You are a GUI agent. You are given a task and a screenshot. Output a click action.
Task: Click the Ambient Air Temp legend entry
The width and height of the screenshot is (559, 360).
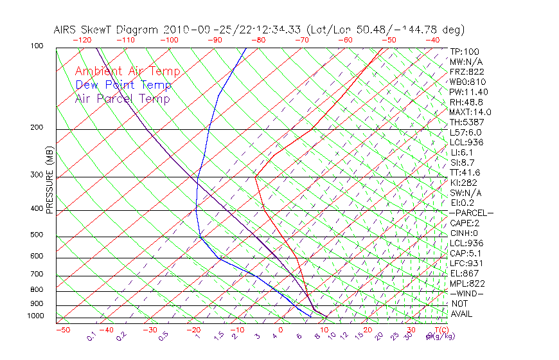[x=127, y=72]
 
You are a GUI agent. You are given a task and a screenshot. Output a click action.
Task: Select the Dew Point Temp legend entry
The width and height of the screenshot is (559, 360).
[x=123, y=85]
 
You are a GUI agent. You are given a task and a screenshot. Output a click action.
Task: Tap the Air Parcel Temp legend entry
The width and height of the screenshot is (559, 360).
[x=122, y=99]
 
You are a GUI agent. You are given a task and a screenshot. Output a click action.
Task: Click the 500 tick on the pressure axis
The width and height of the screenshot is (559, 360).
[x=37, y=235]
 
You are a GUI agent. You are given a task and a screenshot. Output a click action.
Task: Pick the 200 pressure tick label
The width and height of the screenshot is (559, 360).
[x=37, y=128]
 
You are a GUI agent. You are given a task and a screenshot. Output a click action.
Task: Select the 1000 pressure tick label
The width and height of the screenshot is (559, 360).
[x=35, y=316]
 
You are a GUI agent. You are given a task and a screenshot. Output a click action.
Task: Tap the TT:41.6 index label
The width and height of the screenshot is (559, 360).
[x=465, y=172]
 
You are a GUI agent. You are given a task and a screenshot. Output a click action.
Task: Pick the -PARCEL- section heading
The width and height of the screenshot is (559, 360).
[x=471, y=213]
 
